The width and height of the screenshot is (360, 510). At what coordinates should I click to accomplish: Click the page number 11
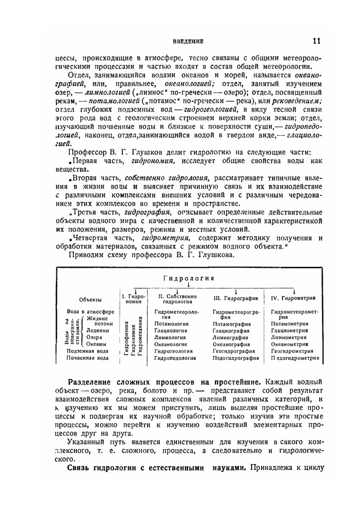pyautogui.click(x=316, y=41)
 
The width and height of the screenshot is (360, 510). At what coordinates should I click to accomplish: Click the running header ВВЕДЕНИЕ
pyautogui.click(x=188, y=41)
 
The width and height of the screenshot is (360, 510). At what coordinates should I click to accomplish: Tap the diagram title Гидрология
pyautogui.click(x=189, y=278)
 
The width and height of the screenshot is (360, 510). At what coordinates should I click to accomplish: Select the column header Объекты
pyautogui.click(x=90, y=300)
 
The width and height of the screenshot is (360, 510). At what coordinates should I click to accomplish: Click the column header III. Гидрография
pyautogui.click(x=236, y=298)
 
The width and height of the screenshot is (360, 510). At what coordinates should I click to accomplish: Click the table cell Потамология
pyautogui.click(x=171, y=324)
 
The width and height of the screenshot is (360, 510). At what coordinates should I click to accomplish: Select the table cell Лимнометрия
pyautogui.click(x=289, y=337)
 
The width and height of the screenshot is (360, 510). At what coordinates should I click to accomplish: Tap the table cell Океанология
pyautogui.click(x=172, y=344)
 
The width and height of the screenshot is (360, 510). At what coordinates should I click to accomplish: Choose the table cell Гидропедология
pyautogui.click(x=175, y=358)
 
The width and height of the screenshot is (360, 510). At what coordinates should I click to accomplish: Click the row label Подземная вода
pyautogui.click(x=87, y=351)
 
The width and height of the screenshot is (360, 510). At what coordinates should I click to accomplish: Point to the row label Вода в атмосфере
pyautogui.click(x=90, y=311)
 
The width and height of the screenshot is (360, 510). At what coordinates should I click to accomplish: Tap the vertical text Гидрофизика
pyautogui.click(x=126, y=338)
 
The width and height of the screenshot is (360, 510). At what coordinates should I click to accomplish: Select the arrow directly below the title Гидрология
pyautogui.click(x=188, y=285)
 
